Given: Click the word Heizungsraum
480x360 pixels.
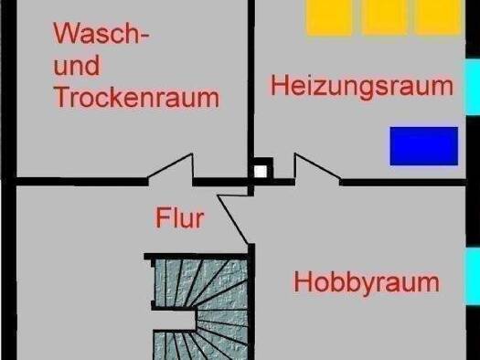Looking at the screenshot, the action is click(362, 87).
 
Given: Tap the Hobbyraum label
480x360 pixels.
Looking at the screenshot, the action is click(367, 283).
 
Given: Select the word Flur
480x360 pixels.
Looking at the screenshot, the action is click(180, 217).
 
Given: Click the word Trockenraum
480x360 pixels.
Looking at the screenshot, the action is click(136, 97).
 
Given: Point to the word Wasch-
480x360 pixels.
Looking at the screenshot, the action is click(101, 33).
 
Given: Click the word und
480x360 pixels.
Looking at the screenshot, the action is click(77, 65).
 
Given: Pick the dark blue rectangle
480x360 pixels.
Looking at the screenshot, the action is click(424, 146).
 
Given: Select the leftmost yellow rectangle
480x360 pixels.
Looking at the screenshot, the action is click(329, 16).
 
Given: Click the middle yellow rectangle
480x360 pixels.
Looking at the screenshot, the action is click(385, 16).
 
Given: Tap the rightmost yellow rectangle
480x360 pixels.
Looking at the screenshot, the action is click(438, 16).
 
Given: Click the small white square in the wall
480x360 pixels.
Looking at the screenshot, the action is click(261, 171).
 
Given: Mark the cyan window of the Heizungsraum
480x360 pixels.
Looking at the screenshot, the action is click(473, 87).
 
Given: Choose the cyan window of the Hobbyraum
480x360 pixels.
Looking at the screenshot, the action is click(473, 277).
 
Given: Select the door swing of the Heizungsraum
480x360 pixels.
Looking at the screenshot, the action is click(317, 169).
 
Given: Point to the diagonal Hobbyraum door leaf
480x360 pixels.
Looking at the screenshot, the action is click(232, 219).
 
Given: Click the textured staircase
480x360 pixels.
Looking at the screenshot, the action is click(200, 309).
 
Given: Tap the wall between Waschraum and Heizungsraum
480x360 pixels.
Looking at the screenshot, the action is click(251, 89).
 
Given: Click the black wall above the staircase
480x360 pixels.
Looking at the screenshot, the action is click(196, 257).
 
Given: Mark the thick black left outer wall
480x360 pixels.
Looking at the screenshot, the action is click(8, 180).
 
